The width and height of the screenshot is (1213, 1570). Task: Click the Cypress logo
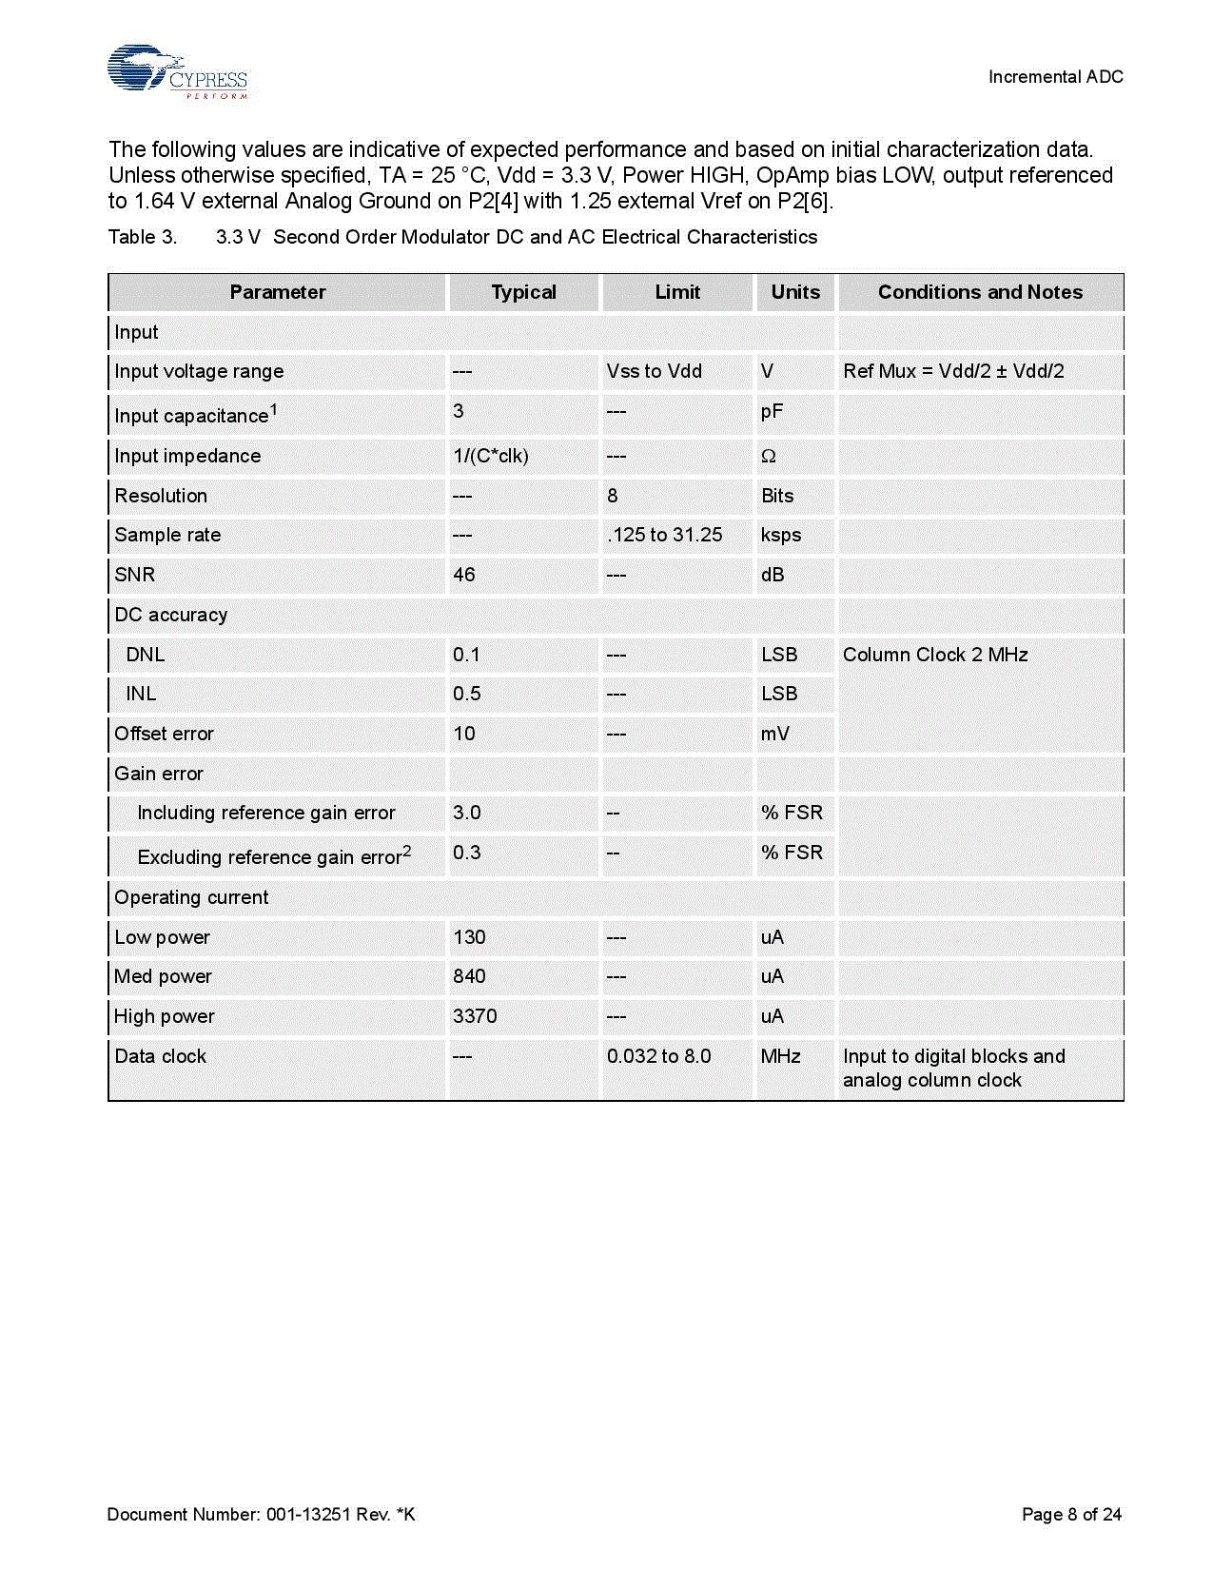point(177,71)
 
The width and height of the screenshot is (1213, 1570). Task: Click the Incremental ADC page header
point(1055,77)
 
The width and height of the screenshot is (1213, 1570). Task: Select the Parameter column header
point(277,292)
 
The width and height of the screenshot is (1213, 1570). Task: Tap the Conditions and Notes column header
point(980,292)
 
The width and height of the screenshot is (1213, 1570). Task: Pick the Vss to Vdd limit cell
point(654,371)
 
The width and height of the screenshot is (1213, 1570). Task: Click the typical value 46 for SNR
point(464,575)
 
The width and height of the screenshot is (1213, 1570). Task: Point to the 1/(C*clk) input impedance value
point(490,456)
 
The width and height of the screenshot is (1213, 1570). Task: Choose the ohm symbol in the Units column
point(769,457)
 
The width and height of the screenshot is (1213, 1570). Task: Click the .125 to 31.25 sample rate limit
point(664,535)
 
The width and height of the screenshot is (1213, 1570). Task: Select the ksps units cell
point(780,535)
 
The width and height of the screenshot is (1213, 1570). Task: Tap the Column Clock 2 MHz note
point(934,655)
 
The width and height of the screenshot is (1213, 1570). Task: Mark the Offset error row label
point(164,734)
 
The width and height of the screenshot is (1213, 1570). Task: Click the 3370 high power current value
point(475,1016)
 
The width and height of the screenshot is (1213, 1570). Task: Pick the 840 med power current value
point(469,976)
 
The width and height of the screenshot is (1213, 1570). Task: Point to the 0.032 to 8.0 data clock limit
point(658,1056)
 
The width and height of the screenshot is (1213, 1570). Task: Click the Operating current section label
point(191,897)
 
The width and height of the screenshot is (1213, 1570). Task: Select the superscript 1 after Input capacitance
point(274,409)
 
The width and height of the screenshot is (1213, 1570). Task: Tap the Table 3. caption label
point(143,237)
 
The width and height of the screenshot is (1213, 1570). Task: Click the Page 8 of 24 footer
point(1071,1514)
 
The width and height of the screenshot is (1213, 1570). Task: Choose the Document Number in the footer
point(262,1514)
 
